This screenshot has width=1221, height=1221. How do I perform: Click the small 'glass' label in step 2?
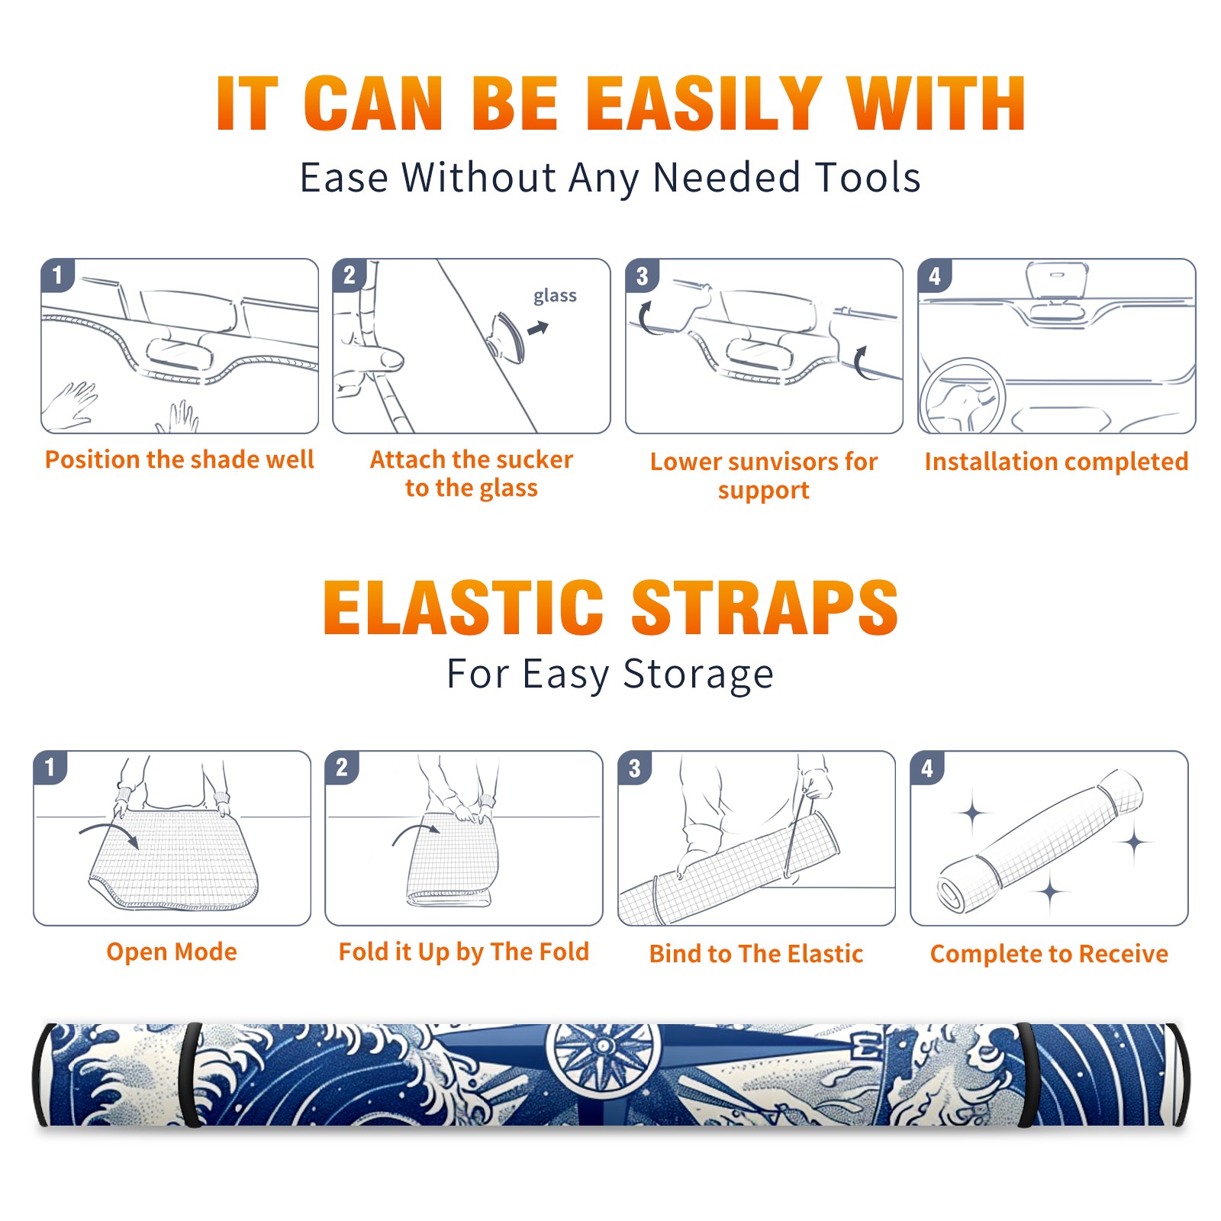(555, 296)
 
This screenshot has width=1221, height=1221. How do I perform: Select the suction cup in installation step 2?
(508, 337)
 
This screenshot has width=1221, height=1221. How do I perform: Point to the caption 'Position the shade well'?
(179, 459)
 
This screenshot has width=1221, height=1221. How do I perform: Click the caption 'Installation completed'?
(1056, 461)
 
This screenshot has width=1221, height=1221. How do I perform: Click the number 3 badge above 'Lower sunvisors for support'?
(642, 276)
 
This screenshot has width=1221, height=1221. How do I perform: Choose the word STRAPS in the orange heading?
(765, 607)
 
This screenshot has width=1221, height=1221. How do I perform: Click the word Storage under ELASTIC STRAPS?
(698, 675)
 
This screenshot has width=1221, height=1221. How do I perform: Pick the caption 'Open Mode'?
(172, 952)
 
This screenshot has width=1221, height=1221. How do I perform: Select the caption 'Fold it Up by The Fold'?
(464, 952)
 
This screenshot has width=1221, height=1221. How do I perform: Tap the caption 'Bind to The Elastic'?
(756, 954)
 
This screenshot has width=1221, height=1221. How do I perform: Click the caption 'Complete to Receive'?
(1049, 954)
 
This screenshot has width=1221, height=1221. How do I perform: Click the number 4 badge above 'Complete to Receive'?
(927, 768)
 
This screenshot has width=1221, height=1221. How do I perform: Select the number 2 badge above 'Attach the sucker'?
(350, 275)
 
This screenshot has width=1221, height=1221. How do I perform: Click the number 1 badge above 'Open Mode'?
(50, 768)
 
